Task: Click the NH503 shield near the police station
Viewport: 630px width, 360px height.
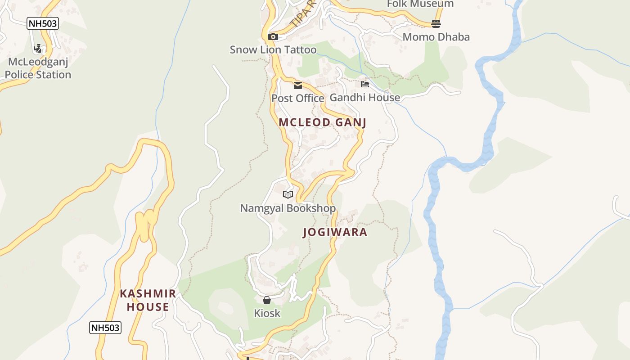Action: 43,23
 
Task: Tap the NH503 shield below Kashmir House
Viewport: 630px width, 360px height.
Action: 105,328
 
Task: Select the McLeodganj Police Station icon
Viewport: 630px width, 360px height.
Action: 38,49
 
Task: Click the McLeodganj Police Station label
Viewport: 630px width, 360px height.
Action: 38,68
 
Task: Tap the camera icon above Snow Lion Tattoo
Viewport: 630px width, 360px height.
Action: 273,37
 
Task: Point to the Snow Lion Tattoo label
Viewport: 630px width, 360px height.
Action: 273,49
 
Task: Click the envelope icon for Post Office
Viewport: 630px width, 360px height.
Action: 298,85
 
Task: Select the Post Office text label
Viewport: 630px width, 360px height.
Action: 297,98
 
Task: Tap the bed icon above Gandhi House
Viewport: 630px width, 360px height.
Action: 365,84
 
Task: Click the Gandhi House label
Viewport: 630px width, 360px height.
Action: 365,97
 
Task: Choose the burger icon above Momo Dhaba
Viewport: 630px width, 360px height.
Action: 436,24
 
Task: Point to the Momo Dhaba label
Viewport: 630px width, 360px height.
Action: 436,37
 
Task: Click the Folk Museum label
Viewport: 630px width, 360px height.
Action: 420,4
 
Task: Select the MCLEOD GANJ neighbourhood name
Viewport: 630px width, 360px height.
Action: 322,122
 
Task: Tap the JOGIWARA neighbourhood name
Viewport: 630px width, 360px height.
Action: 335,232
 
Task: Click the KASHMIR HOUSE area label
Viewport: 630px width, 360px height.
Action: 148,301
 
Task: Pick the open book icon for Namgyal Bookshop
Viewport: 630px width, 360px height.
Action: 288,195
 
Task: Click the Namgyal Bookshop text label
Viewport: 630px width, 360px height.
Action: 288,208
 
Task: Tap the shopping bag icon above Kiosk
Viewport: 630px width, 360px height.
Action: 267,300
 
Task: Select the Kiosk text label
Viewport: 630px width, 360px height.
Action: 267,313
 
